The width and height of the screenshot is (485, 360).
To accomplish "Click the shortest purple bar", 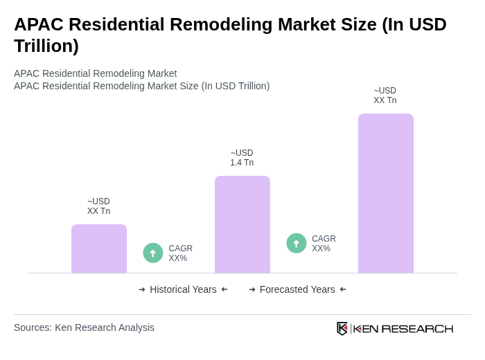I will pos(99,249).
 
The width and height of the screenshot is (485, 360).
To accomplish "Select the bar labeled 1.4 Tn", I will pos(242,224).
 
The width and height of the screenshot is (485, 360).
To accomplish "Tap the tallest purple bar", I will pos(386,193).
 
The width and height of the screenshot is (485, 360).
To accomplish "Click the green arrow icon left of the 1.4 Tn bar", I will pos(153,253).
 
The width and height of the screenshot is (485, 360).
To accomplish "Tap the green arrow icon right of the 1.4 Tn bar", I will pos(297,243).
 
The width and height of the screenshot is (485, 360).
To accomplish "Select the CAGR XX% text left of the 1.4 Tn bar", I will pos(180,253).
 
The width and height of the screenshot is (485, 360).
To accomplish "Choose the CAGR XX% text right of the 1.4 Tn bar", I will pos(324,244).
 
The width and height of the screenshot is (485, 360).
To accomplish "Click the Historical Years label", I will pos(183,289).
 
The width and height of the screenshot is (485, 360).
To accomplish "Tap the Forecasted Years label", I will pos(297,289).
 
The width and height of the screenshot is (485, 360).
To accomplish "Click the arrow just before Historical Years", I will pos(142,289).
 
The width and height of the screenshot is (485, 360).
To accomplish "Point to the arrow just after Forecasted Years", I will pos(343,289).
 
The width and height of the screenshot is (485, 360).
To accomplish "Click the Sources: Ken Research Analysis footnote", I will pos(84,327).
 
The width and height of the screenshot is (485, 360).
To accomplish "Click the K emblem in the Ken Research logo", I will pos(342,328).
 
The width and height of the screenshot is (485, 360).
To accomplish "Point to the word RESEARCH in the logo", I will pos(417,328).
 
